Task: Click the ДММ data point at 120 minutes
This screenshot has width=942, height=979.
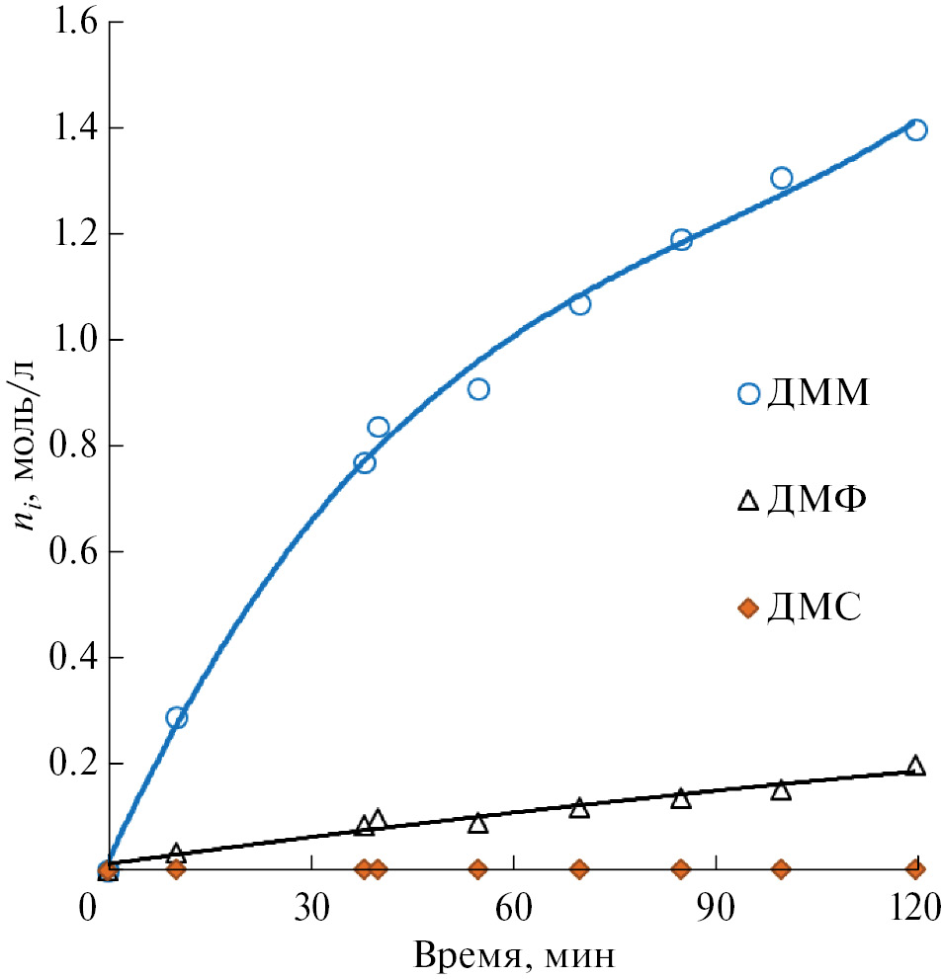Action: tap(916, 130)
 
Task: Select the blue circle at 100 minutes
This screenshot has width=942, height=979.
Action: tap(781, 178)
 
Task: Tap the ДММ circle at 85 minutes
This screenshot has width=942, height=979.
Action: tap(681, 239)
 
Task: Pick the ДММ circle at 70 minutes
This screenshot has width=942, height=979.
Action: tap(580, 304)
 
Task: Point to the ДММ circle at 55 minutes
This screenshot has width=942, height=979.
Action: tap(478, 389)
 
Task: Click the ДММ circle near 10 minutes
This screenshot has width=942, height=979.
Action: tap(177, 717)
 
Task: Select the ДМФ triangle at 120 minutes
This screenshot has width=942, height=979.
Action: tap(916, 766)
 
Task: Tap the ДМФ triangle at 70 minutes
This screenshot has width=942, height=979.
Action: tap(579, 808)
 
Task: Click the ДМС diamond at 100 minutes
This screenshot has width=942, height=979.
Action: tap(781, 869)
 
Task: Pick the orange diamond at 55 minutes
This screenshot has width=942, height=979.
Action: tap(478, 869)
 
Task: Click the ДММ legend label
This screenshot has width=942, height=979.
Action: tap(817, 394)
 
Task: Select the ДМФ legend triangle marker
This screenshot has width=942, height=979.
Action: tap(748, 502)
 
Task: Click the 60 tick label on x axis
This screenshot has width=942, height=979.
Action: tap(513, 907)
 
